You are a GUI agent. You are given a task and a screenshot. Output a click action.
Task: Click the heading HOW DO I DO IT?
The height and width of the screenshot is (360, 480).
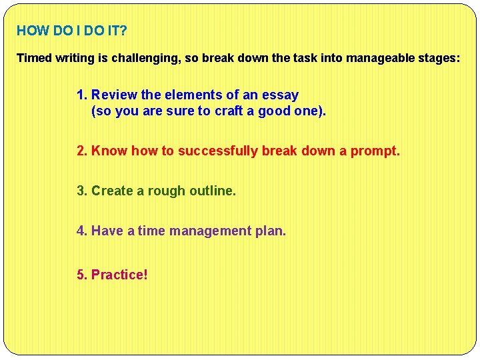[71, 31]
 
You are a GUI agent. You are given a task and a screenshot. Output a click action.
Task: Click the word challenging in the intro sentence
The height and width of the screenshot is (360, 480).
[141, 58]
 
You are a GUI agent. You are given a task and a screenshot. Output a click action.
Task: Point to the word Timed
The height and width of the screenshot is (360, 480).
[33, 58]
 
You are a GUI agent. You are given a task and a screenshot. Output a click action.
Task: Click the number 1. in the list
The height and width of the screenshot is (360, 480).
[82, 95]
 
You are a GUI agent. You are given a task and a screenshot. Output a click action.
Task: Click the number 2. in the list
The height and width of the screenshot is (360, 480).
[82, 151]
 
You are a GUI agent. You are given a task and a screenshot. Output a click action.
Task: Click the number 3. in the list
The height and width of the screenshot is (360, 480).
[82, 191]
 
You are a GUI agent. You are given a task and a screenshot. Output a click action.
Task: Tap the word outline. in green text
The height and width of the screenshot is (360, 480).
[213, 191]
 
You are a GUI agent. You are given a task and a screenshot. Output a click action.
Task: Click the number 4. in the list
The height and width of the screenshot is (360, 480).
[82, 231]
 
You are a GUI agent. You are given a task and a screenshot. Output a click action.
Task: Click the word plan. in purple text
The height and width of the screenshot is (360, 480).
[271, 231]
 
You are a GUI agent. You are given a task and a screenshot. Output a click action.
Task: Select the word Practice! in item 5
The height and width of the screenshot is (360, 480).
[119, 275]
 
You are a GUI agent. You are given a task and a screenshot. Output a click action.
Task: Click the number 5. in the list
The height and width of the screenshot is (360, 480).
[82, 275]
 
